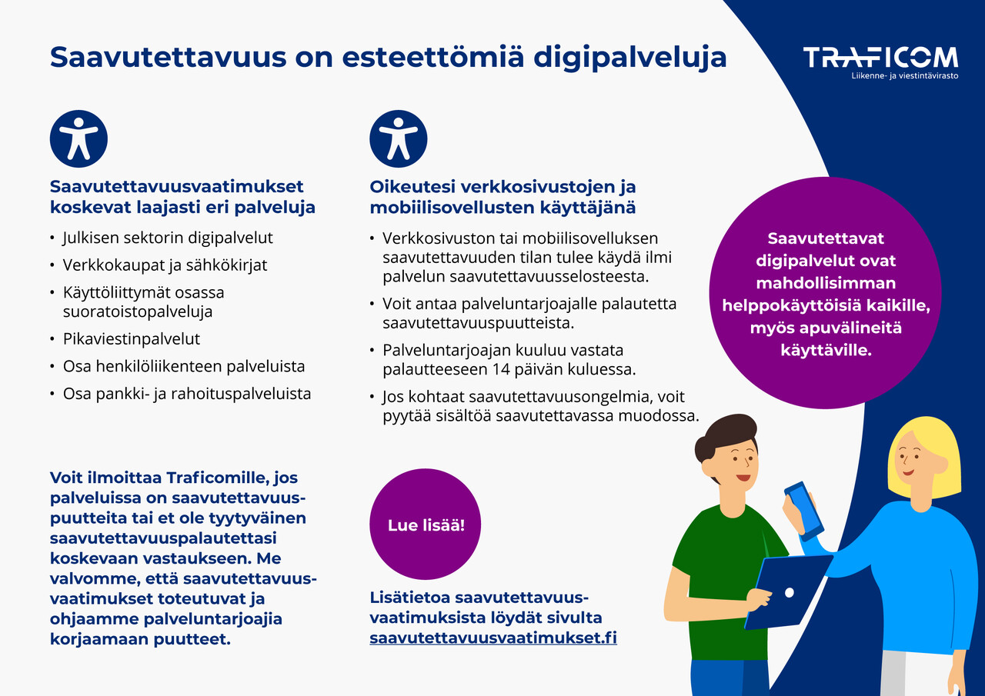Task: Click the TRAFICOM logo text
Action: click(x=880, y=58)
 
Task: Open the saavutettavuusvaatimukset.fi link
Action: click(x=492, y=638)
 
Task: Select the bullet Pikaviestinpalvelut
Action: click(x=131, y=339)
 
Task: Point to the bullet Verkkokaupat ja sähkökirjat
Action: click(x=165, y=265)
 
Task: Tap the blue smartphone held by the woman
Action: click(x=803, y=510)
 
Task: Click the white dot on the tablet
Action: click(x=788, y=593)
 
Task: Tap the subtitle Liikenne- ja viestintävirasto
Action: click(x=904, y=77)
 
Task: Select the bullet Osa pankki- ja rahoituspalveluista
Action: click(x=186, y=394)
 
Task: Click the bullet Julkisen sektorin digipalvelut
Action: click(x=167, y=238)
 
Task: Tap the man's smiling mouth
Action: click(x=742, y=478)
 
